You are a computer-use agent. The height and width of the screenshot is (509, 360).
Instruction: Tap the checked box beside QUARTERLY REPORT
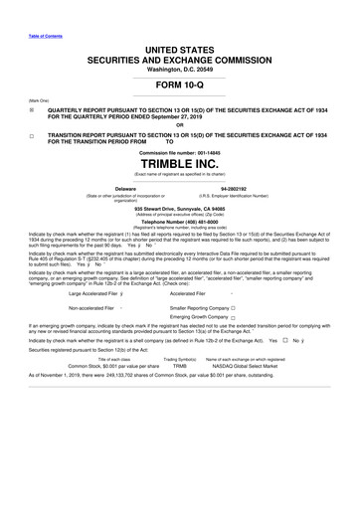(31, 112)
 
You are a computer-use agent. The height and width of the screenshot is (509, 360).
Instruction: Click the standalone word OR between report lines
(180, 124)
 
